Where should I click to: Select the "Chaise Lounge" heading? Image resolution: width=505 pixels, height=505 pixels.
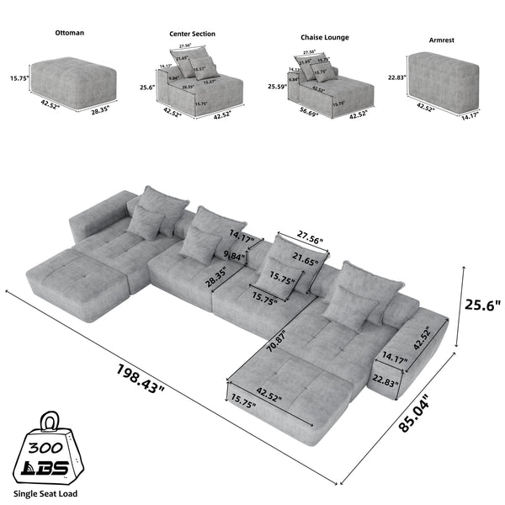[325, 38]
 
